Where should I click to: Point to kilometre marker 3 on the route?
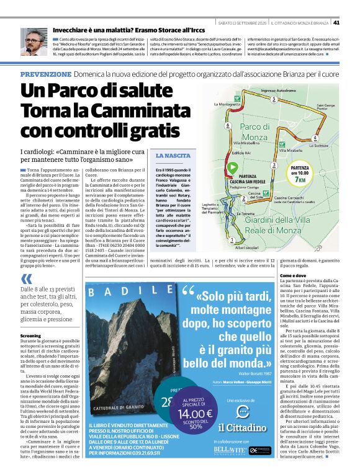coord(274,166)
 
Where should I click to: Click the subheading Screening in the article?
coord(30,335)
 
